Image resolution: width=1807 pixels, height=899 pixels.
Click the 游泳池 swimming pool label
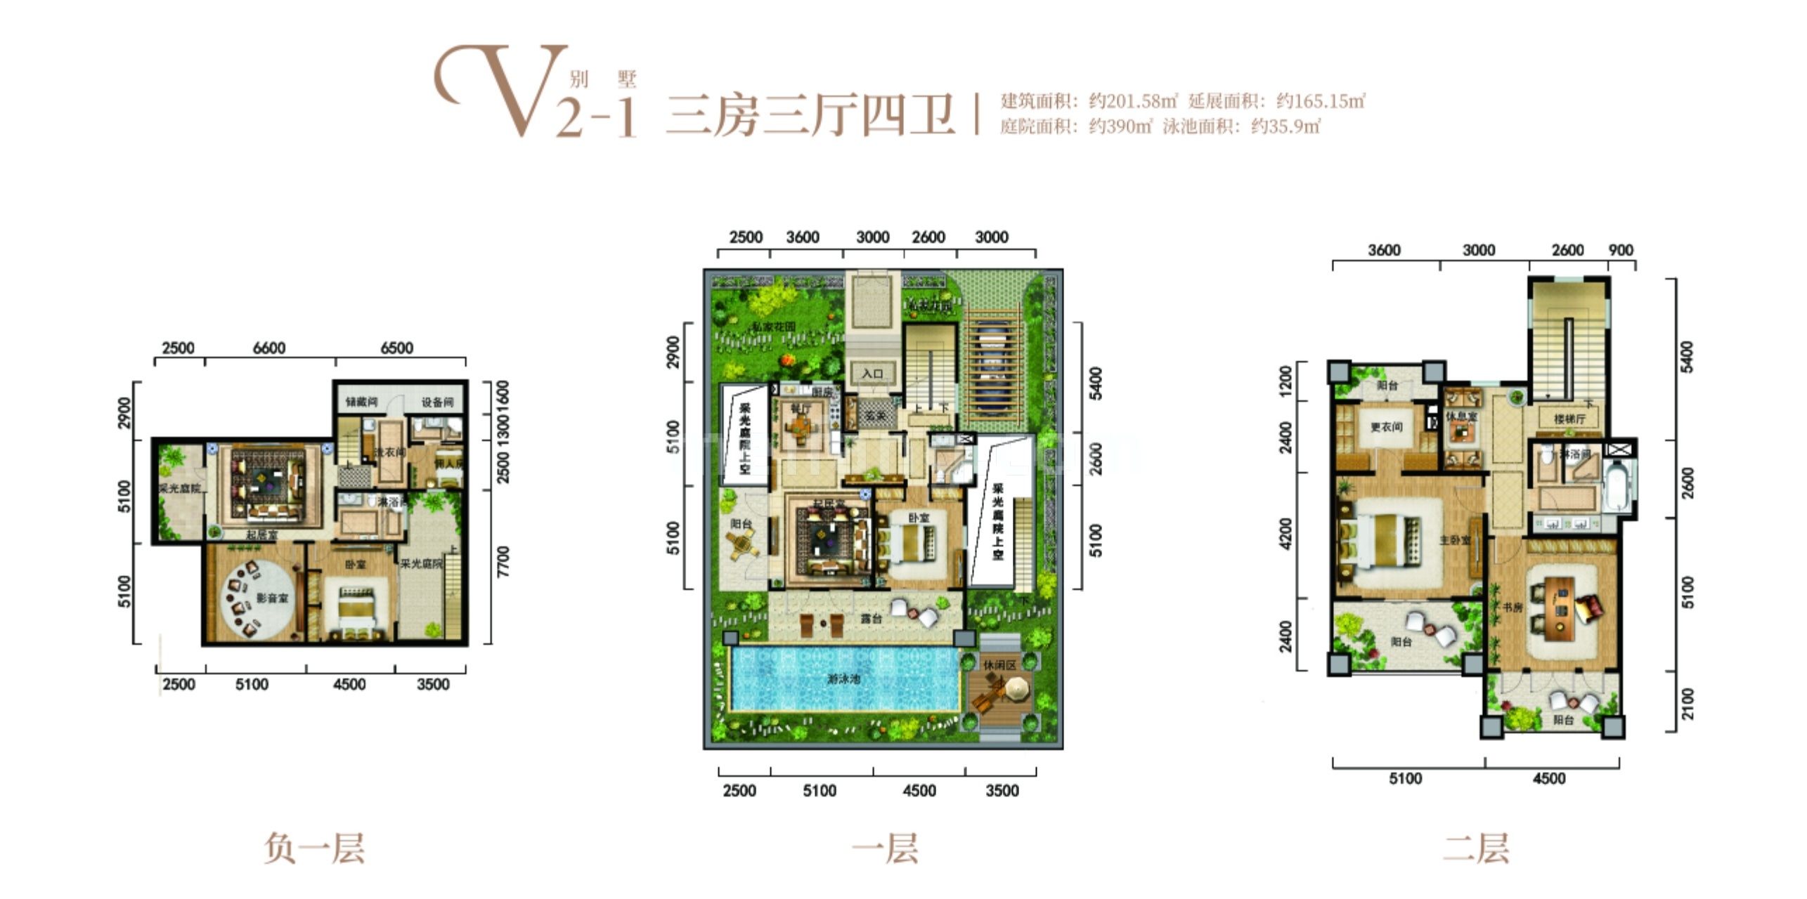843,679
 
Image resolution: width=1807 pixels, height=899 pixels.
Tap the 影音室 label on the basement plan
272,598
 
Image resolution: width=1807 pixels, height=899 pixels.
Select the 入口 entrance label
872,374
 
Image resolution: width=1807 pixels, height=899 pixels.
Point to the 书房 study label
1513,608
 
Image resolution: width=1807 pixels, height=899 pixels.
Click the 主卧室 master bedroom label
1455,540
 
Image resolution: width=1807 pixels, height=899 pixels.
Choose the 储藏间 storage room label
361,402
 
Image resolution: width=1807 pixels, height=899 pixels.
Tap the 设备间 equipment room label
437,402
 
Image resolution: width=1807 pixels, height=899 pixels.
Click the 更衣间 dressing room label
1386,426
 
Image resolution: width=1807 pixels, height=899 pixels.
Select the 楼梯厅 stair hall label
1569,419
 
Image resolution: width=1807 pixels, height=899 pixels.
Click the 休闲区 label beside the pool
999,664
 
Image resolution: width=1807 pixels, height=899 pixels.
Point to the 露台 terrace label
872,619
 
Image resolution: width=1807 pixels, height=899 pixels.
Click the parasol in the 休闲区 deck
1016,689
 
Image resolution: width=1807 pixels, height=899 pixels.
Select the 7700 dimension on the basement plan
503,562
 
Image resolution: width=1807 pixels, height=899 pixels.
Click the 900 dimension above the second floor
1621,250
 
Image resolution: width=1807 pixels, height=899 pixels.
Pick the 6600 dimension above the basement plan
269,348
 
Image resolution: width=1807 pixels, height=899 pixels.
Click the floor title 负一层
314,848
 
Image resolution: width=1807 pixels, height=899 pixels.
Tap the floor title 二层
1476,848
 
